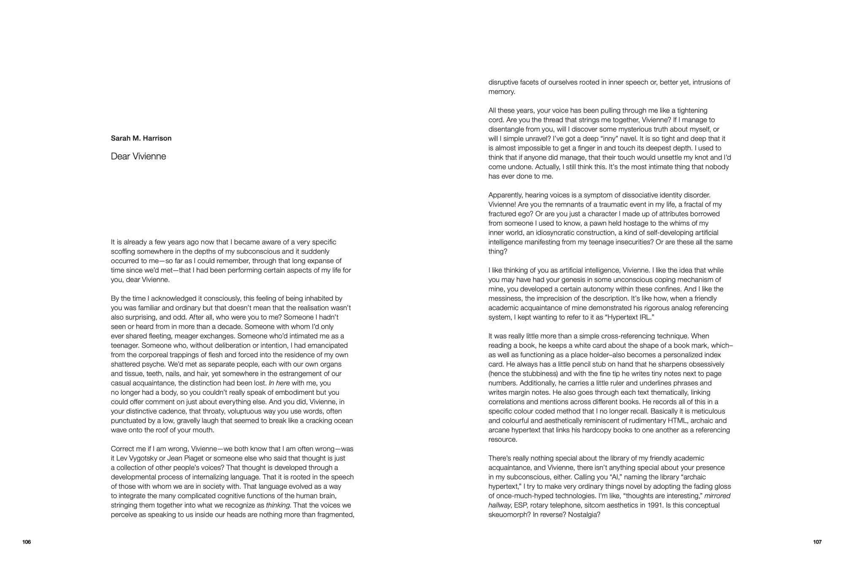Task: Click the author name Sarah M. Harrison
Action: tap(141, 138)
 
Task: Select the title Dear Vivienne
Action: tap(138, 156)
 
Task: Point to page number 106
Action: tap(27, 542)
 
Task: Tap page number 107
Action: tap(817, 542)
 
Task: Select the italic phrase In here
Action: tap(279, 383)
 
